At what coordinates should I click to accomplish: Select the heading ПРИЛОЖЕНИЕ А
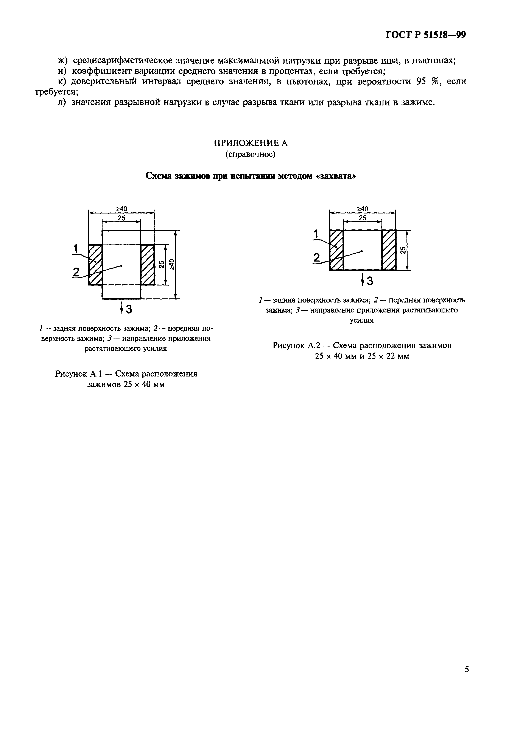click(x=251, y=143)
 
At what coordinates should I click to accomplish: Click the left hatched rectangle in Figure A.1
click(x=95, y=265)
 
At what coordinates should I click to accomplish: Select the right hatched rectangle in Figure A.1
click(x=148, y=265)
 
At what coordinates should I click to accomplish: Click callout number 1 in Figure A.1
click(x=76, y=249)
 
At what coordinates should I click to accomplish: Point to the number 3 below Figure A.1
click(x=129, y=309)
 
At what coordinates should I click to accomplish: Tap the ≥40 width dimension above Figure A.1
click(x=121, y=209)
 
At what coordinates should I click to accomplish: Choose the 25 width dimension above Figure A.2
click(x=363, y=218)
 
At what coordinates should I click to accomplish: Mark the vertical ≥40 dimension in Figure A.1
click(x=172, y=264)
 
